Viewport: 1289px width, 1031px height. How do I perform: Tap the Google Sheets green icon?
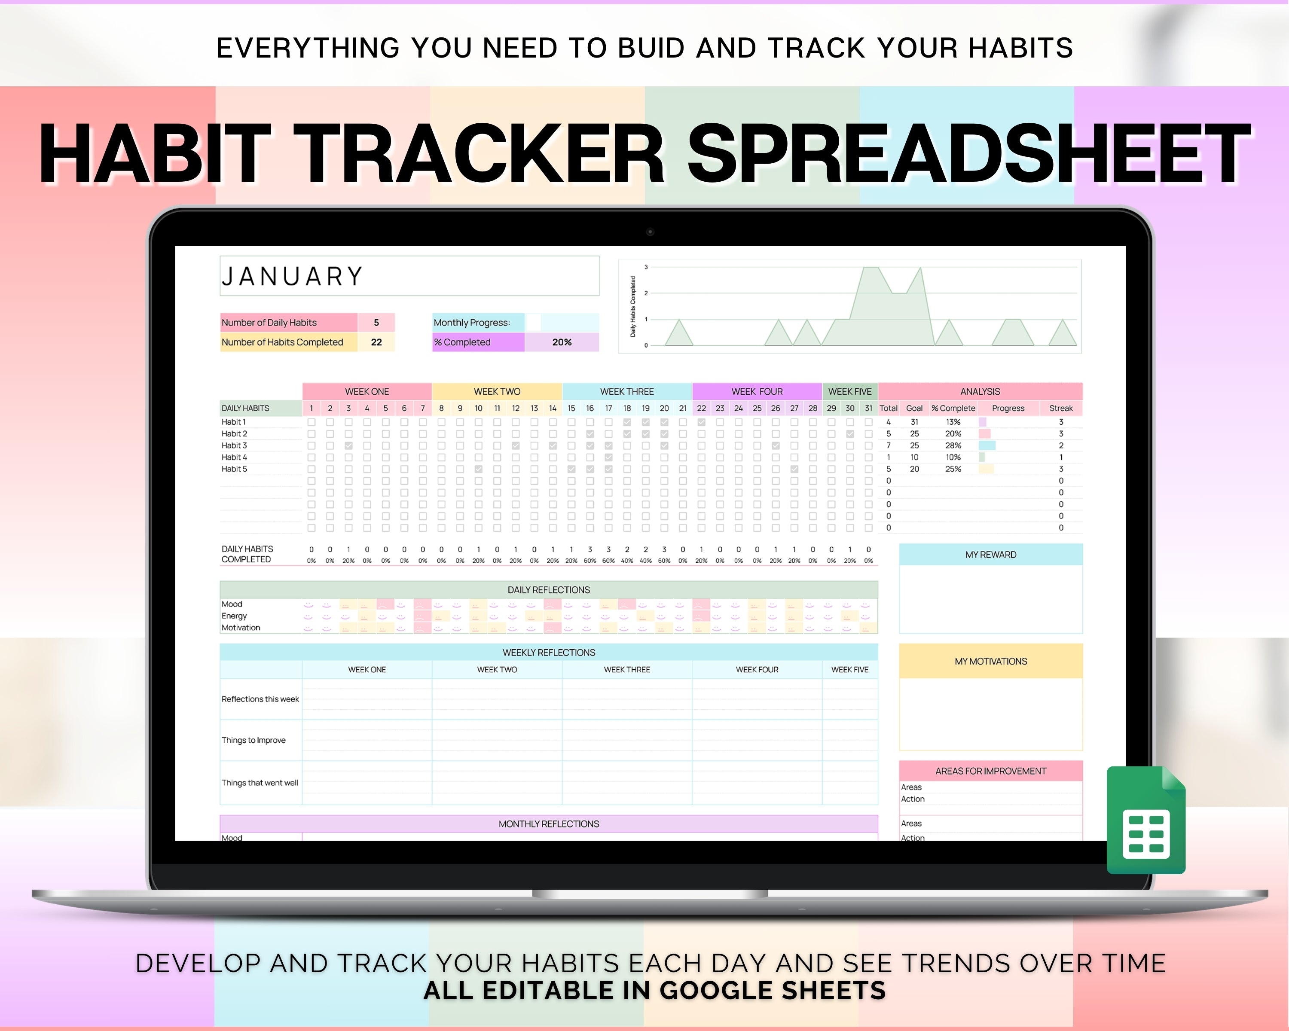tap(1145, 821)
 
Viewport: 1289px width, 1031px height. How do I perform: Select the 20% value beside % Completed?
tap(562, 342)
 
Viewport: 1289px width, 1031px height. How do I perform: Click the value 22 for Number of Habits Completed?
tap(376, 342)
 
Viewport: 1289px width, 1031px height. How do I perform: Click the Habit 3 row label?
tap(234, 445)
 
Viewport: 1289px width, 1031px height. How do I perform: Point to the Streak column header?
tap(1060, 408)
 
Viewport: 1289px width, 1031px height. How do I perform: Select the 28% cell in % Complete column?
tap(953, 445)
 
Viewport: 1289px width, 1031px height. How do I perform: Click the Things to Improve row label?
tap(254, 740)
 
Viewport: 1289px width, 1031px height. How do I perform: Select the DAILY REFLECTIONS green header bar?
tap(548, 590)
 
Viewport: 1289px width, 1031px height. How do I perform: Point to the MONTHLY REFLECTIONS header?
tap(548, 824)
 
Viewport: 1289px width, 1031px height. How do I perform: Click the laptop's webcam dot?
tap(650, 232)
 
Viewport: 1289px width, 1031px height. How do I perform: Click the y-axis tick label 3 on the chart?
tap(646, 267)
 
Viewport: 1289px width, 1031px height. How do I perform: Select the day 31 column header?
tap(868, 408)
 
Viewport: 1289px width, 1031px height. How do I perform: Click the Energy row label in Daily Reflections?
tap(234, 616)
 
